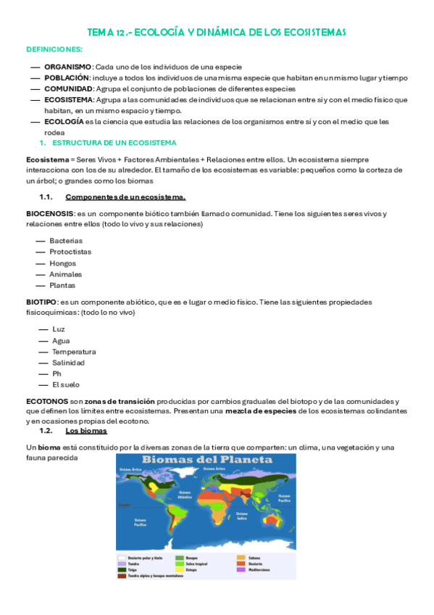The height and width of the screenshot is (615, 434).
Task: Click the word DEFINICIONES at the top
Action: [54, 49]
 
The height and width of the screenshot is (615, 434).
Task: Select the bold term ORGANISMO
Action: [67, 67]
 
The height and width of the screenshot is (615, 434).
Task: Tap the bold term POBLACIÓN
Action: [67, 78]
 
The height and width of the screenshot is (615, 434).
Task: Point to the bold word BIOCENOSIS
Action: [49, 213]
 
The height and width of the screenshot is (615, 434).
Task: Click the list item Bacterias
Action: [66, 240]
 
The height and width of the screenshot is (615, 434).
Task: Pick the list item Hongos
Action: [62, 263]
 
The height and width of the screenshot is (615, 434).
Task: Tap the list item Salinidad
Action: [68, 363]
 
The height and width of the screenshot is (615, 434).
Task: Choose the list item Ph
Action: [57, 373]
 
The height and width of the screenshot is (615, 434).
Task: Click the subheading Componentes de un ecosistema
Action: [125, 197]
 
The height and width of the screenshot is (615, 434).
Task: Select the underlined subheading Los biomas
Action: [85, 430]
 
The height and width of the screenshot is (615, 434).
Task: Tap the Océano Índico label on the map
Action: [242, 518]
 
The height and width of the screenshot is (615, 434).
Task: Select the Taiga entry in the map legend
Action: [133, 570]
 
